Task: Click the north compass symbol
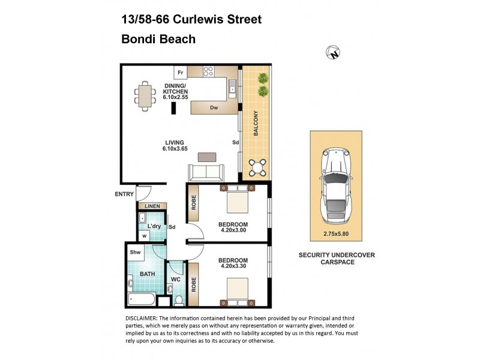pyautogui.click(x=334, y=53)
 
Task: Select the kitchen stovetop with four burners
pyautogui.click(x=209, y=71)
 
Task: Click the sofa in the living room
pyautogui.click(x=206, y=173)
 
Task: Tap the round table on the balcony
pyautogui.click(x=259, y=167)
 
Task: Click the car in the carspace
pyautogui.click(x=336, y=183)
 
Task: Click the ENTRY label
pyautogui.click(x=124, y=194)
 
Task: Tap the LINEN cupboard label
pyautogui.click(x=151, y=206)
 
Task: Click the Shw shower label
pyautogui.click(x=136, y=253)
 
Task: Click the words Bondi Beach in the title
pyautogui.click(x=158, y=40)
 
